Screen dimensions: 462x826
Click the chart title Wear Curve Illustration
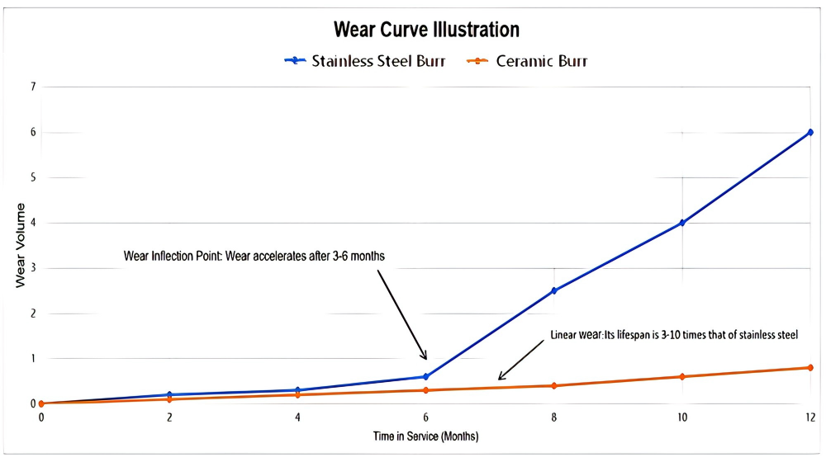tap(426, 30)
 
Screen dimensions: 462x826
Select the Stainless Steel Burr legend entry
tap(365, 61)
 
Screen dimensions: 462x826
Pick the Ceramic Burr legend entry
tap(528, 61)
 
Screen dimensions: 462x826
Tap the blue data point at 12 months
tap(810, 132)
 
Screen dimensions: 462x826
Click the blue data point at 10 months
tap(682, 223)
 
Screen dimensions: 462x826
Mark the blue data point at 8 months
tap(554, 290)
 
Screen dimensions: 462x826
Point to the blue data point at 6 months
tap(426, 376)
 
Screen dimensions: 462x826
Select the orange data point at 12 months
tap(810, 367)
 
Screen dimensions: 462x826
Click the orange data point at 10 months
tap(682, 377)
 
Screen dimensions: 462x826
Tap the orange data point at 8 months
tap(554, 385)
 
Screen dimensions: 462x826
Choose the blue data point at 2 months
tap(169, 394)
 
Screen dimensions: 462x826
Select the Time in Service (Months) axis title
tap(425, 436)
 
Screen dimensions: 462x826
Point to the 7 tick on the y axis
tap(33, 87)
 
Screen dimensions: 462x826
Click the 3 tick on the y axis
tap(33, 268)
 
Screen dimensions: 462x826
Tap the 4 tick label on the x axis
tap(297, 417)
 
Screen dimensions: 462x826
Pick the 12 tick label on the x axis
tap(810, 417)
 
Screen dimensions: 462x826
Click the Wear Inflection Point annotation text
tap(254, 257)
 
